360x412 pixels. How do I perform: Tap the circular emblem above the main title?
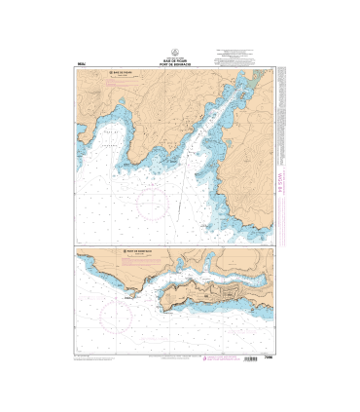coord(180,51)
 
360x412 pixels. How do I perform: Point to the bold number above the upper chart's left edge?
coord(80,63)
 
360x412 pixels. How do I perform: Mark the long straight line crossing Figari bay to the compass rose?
coord(181,181)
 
